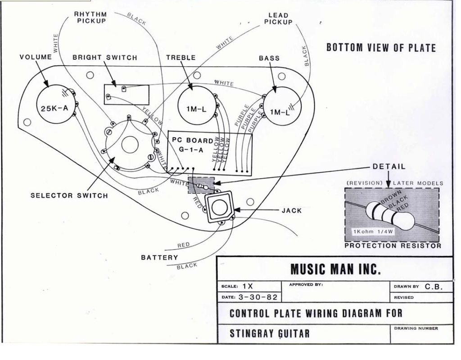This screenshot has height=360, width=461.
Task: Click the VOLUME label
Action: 36,57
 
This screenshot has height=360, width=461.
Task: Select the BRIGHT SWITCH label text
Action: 104,58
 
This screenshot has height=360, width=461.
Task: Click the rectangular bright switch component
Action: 126,94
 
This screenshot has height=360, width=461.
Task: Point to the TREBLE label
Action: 181,58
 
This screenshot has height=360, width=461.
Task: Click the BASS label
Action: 269,58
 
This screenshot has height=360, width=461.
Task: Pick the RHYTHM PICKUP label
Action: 90,18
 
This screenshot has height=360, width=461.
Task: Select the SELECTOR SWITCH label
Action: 69,196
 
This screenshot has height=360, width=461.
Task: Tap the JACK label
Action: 292,210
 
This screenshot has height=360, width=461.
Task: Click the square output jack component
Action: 220,208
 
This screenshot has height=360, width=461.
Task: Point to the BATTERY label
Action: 159,258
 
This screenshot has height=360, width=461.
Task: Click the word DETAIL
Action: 389,167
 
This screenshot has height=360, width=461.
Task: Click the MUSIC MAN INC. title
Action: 335,269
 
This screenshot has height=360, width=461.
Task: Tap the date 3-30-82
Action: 262,297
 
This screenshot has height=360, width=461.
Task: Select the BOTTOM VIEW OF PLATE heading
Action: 381,48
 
